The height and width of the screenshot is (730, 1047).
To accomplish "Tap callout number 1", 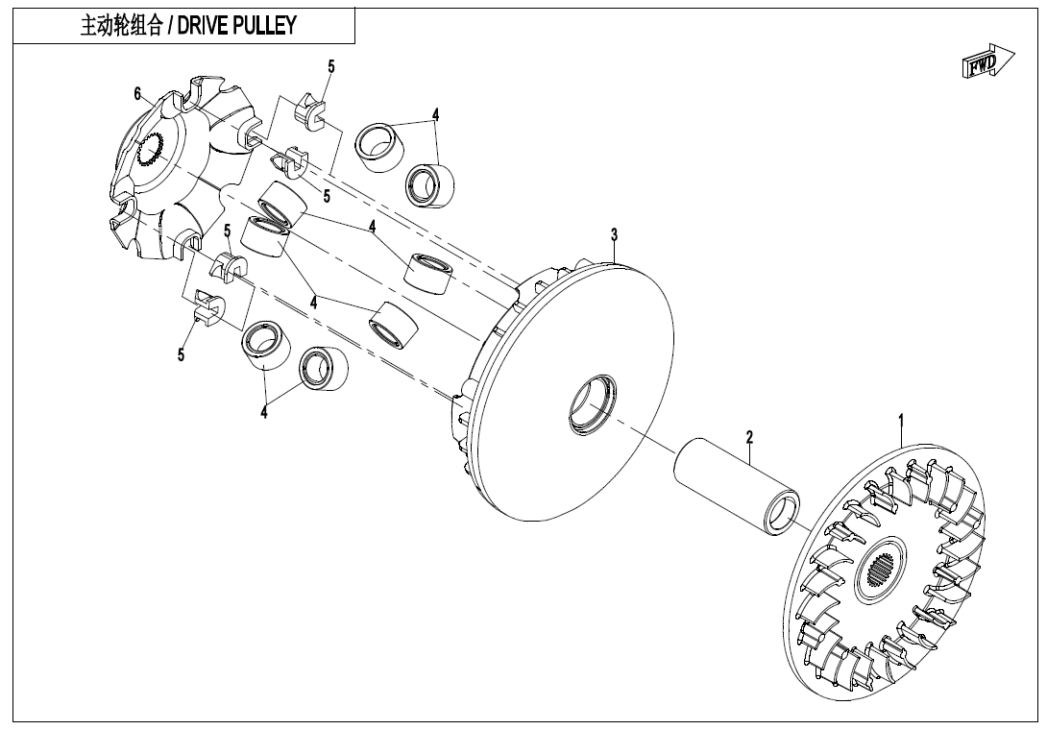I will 901,420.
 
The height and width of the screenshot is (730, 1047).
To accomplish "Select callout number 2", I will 749,437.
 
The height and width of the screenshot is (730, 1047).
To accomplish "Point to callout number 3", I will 614,234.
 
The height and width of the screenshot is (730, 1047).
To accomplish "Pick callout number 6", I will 138,93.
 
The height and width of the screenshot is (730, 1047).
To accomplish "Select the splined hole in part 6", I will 150,152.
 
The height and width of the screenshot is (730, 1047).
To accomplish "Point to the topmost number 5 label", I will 331,66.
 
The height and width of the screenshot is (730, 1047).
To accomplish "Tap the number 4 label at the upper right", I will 435,113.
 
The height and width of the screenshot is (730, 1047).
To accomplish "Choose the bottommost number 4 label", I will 263,413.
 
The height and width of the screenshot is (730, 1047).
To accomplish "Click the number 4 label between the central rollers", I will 313,301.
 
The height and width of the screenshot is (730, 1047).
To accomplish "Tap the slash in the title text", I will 169,26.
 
